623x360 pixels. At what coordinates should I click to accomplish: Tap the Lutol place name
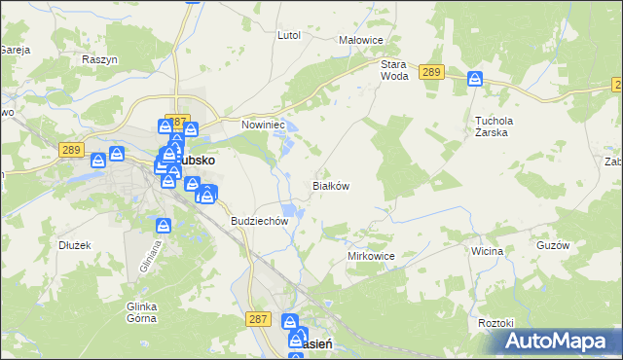288,35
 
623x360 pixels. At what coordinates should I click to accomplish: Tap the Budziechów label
260,221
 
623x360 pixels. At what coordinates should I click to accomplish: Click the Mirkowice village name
370,255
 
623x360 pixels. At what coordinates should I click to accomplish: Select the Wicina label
487,251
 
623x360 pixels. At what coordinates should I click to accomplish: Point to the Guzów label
552,245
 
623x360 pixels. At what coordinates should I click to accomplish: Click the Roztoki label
495,322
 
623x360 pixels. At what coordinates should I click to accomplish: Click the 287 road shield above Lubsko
176,120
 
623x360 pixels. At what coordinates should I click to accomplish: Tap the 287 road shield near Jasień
258,318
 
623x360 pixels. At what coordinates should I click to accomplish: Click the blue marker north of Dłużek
164,226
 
